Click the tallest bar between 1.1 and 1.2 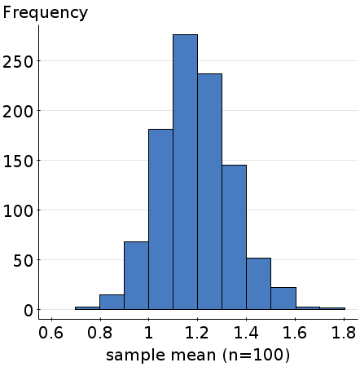click(185, 172)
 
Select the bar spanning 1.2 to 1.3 click(209, 192)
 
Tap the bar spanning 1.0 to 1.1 click(160, 219)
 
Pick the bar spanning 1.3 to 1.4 click(234, 237)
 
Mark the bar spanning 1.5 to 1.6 click(283, 298)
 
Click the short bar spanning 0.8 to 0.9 click(112, 303)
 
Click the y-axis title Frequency click(46, 13)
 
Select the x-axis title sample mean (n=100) click(198, 356)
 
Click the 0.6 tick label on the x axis click(51, 334)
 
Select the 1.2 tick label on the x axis click(197, 334)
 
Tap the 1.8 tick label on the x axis click(345, 334)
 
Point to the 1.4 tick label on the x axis click(246, 334)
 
